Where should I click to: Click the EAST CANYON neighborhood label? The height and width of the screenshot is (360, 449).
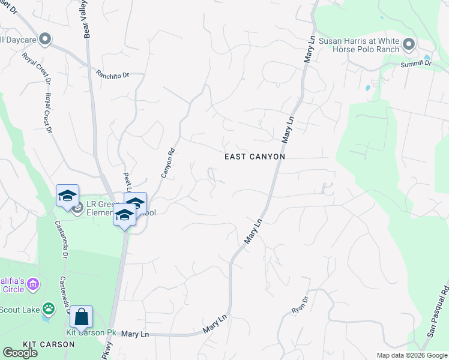254,157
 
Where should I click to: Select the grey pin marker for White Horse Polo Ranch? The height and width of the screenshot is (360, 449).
409,44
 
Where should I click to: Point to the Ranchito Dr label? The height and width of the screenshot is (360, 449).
112,75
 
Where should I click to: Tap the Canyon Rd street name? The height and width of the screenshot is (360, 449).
167,163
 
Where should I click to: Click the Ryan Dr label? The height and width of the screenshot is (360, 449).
299,305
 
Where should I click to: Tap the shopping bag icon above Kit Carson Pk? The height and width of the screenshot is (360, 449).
81,316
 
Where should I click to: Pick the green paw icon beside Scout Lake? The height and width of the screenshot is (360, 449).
49,309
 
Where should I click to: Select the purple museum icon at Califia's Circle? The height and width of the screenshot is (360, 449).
33,283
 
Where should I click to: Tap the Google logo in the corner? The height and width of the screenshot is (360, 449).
20,353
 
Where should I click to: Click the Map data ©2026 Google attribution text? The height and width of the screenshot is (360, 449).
412,355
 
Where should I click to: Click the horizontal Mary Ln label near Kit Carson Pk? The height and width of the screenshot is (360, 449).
134,334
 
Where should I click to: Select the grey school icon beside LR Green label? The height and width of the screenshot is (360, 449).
77,208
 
